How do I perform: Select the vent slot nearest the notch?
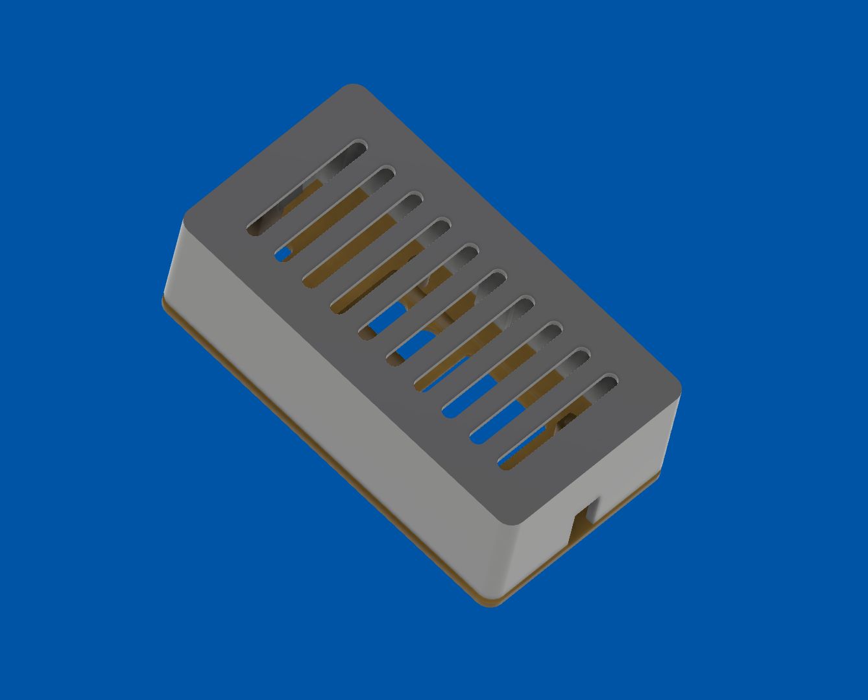click(558, 421)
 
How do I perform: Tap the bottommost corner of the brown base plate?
click(493, 603)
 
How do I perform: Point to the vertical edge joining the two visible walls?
click(512, 558)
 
